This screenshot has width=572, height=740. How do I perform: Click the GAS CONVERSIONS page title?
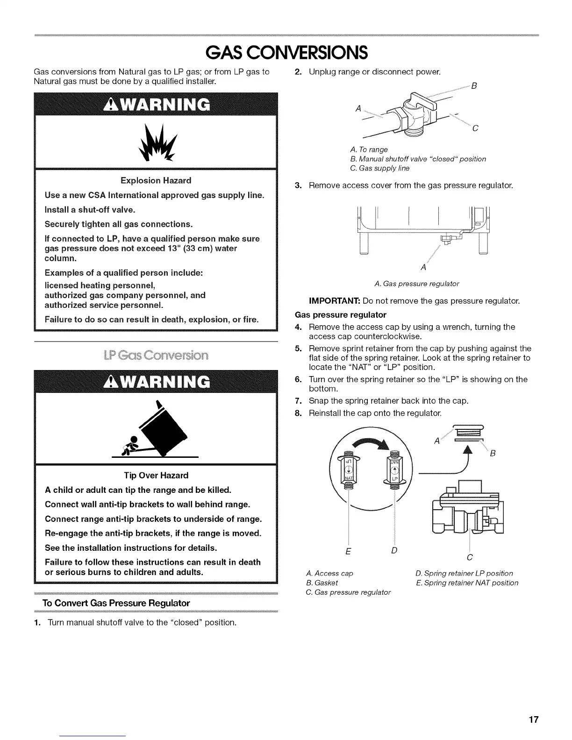[x=286, y=52]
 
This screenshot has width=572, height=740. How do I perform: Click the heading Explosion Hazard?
[x=156, y=180]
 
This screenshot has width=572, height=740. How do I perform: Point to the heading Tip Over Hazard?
[x=156, y=475]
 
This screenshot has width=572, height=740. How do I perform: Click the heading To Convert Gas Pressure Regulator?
[x=116, y=603]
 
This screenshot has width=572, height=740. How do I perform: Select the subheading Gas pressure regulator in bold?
[x=341, y=314]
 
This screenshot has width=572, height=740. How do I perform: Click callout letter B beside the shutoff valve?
[x=474, y=86]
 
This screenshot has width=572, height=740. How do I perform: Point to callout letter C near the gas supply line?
[x=474, y=128]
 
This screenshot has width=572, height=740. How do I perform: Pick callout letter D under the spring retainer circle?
[x=394, y=550]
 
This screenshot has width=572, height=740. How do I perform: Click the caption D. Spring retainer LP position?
[x=464, y=573]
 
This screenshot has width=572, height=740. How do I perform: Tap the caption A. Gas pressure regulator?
[x=417, y=284]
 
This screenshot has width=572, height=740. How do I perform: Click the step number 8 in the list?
[x=297, y=413]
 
